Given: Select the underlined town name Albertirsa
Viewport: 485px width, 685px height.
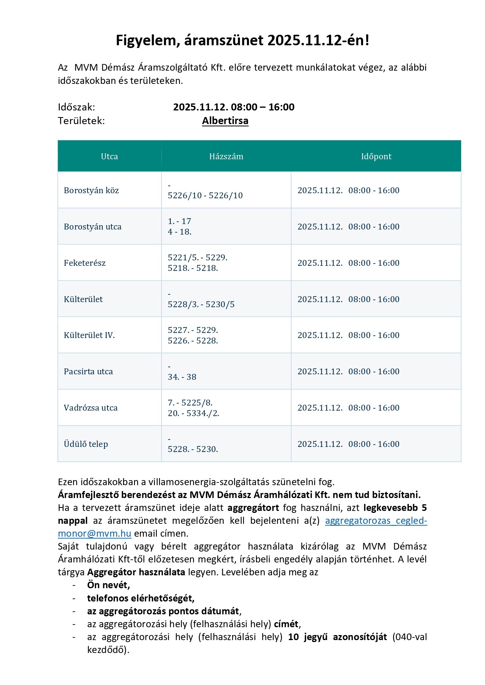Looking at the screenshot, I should click(x=225, y=121).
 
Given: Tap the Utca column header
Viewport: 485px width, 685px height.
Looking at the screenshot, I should click(x=109, y=157).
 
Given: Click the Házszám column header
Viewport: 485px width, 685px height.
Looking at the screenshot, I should click(x=226, y=157).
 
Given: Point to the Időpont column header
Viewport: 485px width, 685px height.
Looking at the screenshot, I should click(x=376, y=157).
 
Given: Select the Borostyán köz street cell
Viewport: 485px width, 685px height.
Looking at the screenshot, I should click(x=91, y=190).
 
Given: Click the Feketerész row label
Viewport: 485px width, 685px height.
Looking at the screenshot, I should click(x=85, y=263).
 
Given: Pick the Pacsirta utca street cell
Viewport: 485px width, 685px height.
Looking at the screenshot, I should click(x=88, y=372).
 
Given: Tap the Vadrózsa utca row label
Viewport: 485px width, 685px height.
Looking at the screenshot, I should click(x=91, y=408).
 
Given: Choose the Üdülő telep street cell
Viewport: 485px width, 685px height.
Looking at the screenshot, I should click(x=86, y=444).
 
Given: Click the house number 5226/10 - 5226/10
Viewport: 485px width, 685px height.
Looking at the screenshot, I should click(x=205, y=196).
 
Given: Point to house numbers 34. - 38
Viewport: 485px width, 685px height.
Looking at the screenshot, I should click(x=182, y=377).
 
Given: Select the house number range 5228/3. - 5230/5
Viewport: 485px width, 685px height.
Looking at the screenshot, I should click(x=201, y=304).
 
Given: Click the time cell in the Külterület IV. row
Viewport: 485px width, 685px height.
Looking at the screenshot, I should click(x=348, y=335).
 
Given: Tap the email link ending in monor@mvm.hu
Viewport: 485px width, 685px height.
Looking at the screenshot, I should click(x=95, y=534).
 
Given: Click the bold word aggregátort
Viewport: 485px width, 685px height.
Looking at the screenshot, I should click(x=253, y=508).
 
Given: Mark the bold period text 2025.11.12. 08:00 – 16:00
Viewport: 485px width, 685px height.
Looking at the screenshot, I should click(x=234, y=107).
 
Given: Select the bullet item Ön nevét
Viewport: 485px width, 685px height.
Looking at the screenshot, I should click(x=108, y=585).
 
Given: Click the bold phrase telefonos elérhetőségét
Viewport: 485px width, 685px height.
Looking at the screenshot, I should click(x=141, y=598).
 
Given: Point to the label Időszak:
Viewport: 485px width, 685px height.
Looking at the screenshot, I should click(x=77, y=107).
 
